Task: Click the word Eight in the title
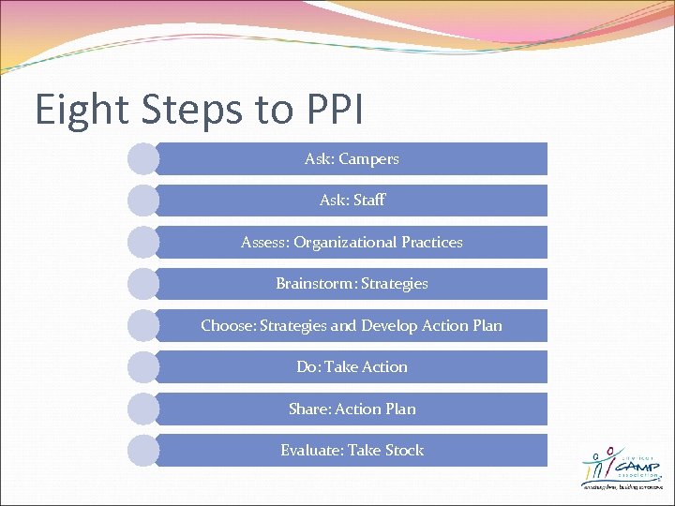point(79,110)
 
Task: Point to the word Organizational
point(345,242)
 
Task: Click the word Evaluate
point(312,450)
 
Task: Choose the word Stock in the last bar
point(404,450)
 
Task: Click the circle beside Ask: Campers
point(143,159)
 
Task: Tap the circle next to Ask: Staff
point(143,201)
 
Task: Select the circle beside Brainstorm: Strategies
point(143,284)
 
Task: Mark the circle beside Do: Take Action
point(143,366)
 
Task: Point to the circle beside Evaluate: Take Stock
point(143,450)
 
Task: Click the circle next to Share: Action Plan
point(143,409)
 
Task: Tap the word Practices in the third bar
point(431,242)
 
